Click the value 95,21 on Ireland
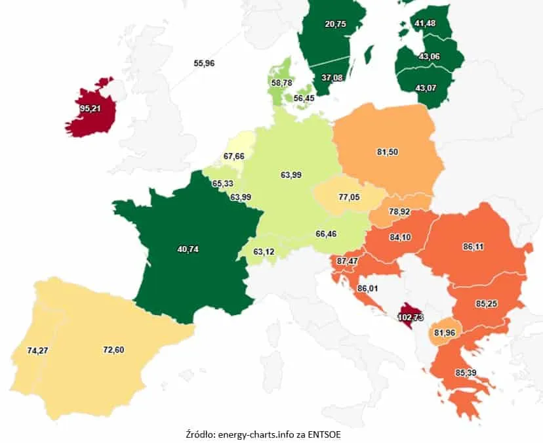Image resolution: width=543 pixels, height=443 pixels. [x=89, y=108]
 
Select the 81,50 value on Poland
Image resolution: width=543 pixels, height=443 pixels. [x=388, y=152]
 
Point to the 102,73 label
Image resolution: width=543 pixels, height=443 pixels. [x=411, y=318]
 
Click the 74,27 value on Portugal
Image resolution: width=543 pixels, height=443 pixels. [x=39, y=350]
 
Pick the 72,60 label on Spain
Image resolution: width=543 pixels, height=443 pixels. [x=113, y=349]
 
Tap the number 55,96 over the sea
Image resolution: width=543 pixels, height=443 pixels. [x=205, y=63]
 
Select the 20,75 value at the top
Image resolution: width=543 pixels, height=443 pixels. [x=336, y=24]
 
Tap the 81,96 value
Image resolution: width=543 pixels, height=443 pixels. [x=447, y=332]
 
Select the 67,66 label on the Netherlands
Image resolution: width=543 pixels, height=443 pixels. [x=233, y=156]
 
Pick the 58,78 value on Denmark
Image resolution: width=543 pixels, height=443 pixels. [x=282, y=82]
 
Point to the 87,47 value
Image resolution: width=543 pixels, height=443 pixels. [x=348, y=261]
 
